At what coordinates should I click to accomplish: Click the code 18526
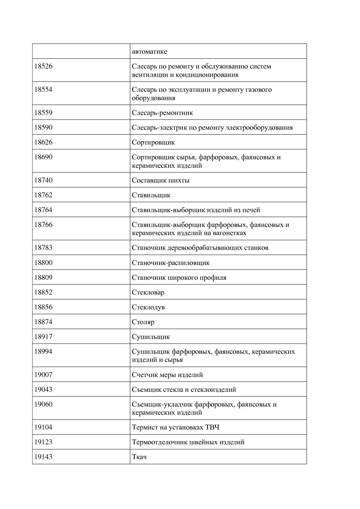(x=43, y=66)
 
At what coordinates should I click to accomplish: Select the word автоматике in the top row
(x=149, y=52)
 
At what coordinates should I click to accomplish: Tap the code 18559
(x=43, y=113)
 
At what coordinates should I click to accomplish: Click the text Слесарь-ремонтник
(x=162, y=113)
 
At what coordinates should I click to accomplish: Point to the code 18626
(x=43, y=142)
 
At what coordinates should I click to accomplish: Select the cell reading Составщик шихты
(x=161, y=180)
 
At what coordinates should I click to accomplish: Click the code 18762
(x=43, y=195)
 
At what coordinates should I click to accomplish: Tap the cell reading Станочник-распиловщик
(x=171, y=263)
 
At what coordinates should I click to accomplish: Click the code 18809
(x=43, y=277)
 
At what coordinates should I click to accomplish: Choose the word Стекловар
(x=148, y=292)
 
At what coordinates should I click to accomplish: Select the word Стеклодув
(x=148, y=307)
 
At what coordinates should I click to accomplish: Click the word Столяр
(x=143, y=322)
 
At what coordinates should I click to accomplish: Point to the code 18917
(x=43, y=337)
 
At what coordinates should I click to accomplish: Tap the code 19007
(x=43, y=375)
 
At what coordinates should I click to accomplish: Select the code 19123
(x=43, y=442)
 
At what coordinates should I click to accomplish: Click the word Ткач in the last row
(x=139, y=457)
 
